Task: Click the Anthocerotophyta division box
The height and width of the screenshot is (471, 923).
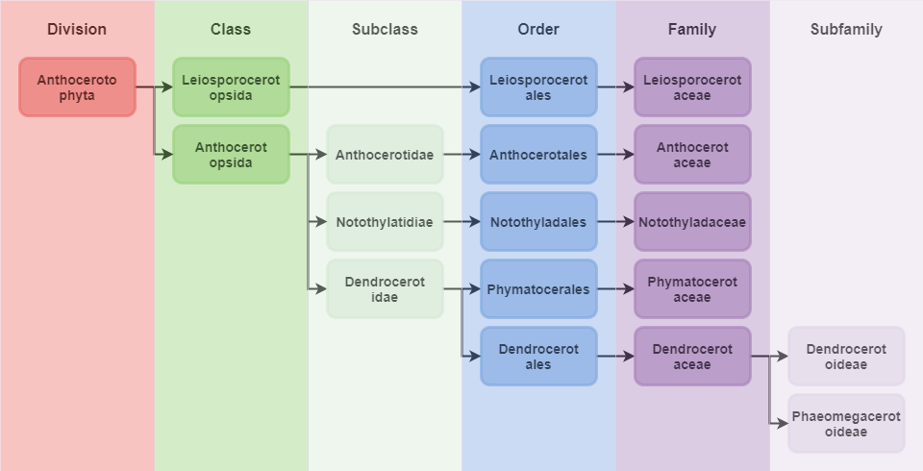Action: pyautogui.click(x=77, y=87)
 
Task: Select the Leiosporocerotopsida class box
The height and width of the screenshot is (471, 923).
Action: pyautogui.click(x=231, y=87)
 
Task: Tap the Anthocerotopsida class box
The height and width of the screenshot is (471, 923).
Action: pyautogui.click(x=231, y=155)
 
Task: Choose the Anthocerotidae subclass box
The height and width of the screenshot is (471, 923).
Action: pyautogui.click(x=385, y=155)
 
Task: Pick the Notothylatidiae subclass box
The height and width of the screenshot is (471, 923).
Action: pyautogui.click(x=385, y=222)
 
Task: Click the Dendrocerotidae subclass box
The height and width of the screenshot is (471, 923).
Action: pyautogui.click(x=385, y=289)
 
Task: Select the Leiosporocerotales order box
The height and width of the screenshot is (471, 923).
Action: pyautogui.click(x=538, y=87)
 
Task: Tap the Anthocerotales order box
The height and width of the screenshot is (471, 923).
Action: pyautogui.click(x=538, y=155)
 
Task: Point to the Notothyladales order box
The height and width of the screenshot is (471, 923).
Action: pyautogui.click(x=538, y=222)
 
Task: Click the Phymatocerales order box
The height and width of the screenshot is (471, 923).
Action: pyautogui.click(x=538, y=289)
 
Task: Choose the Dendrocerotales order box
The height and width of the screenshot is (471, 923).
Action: pyautogui.click(x=538, y=357)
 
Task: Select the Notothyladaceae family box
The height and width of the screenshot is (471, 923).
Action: pyautogui.click(x=692, y=222)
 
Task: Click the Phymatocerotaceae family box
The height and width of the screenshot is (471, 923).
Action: pyautogui.click(x=692, y=289)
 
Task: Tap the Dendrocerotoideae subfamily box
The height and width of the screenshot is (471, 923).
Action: pyautogui.click(x=846, y=357)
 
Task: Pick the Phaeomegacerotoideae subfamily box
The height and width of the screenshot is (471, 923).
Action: pyautogui.click(x=846, y=424)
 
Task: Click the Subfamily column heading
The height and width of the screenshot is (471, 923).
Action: pyautogui.click(x=846, y=29)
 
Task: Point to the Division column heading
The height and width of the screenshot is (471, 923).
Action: pyautogui.click(x=77, y=29)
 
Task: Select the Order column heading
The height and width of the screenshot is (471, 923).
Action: pyautogui.click(x=538, y=29)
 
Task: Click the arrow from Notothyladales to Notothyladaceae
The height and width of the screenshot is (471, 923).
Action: pyautogui.click(x=615, y=222)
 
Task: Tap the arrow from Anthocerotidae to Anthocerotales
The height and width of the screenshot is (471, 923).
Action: pyautogui.click(x=461, y=155)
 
